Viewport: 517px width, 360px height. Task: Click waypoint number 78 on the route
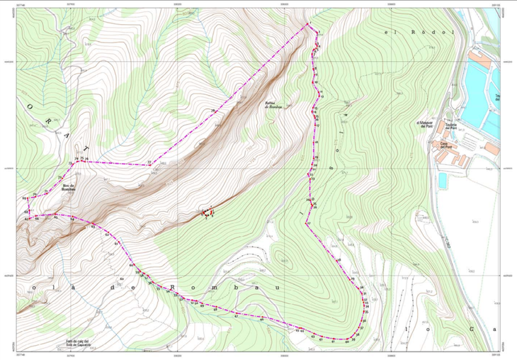(212, 113)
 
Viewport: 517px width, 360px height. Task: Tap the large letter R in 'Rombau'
(173, 288)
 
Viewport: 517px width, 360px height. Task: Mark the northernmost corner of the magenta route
(308, 25)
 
